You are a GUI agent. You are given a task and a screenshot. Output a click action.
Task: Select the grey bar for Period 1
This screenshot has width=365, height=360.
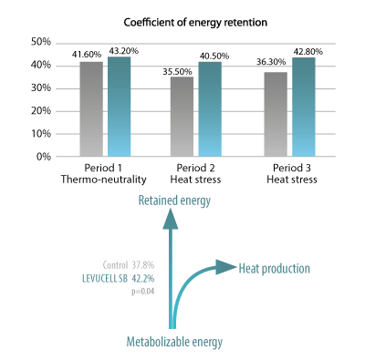click(91, 108)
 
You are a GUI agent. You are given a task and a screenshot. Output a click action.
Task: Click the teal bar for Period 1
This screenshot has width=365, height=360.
click(120, 107)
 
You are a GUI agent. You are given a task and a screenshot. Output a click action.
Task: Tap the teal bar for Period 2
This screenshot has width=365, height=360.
click(210, 109)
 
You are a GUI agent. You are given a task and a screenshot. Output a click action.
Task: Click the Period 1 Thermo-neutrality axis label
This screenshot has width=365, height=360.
click(105, 174)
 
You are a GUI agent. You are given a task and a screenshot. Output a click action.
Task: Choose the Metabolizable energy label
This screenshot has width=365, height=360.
click(175, 342)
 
